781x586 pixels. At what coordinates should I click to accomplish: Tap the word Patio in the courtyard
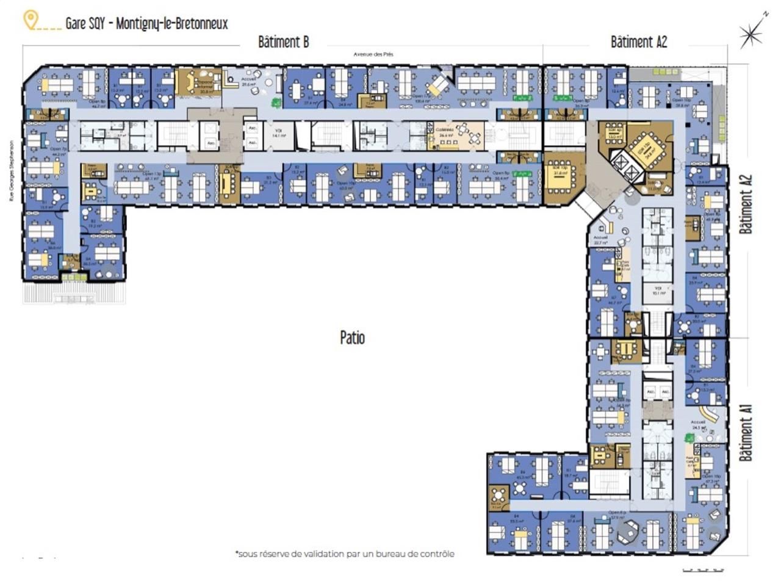(x=352, y=338)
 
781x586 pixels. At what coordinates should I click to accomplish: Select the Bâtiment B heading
(x=283, y=42)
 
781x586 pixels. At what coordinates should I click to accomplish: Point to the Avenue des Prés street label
(x=373, y=54)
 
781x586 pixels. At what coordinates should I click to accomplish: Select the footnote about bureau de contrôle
(x=345, y=554)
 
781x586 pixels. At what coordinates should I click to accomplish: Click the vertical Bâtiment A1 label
(x=746, y=432)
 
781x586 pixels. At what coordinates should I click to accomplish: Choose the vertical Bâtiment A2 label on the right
(x=746, y=204)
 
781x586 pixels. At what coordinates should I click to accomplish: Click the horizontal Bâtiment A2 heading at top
(x=638, y=42)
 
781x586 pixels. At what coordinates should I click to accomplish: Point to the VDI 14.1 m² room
(x=278, y=136)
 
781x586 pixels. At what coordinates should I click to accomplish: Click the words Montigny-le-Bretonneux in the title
(x=172, y=24)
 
